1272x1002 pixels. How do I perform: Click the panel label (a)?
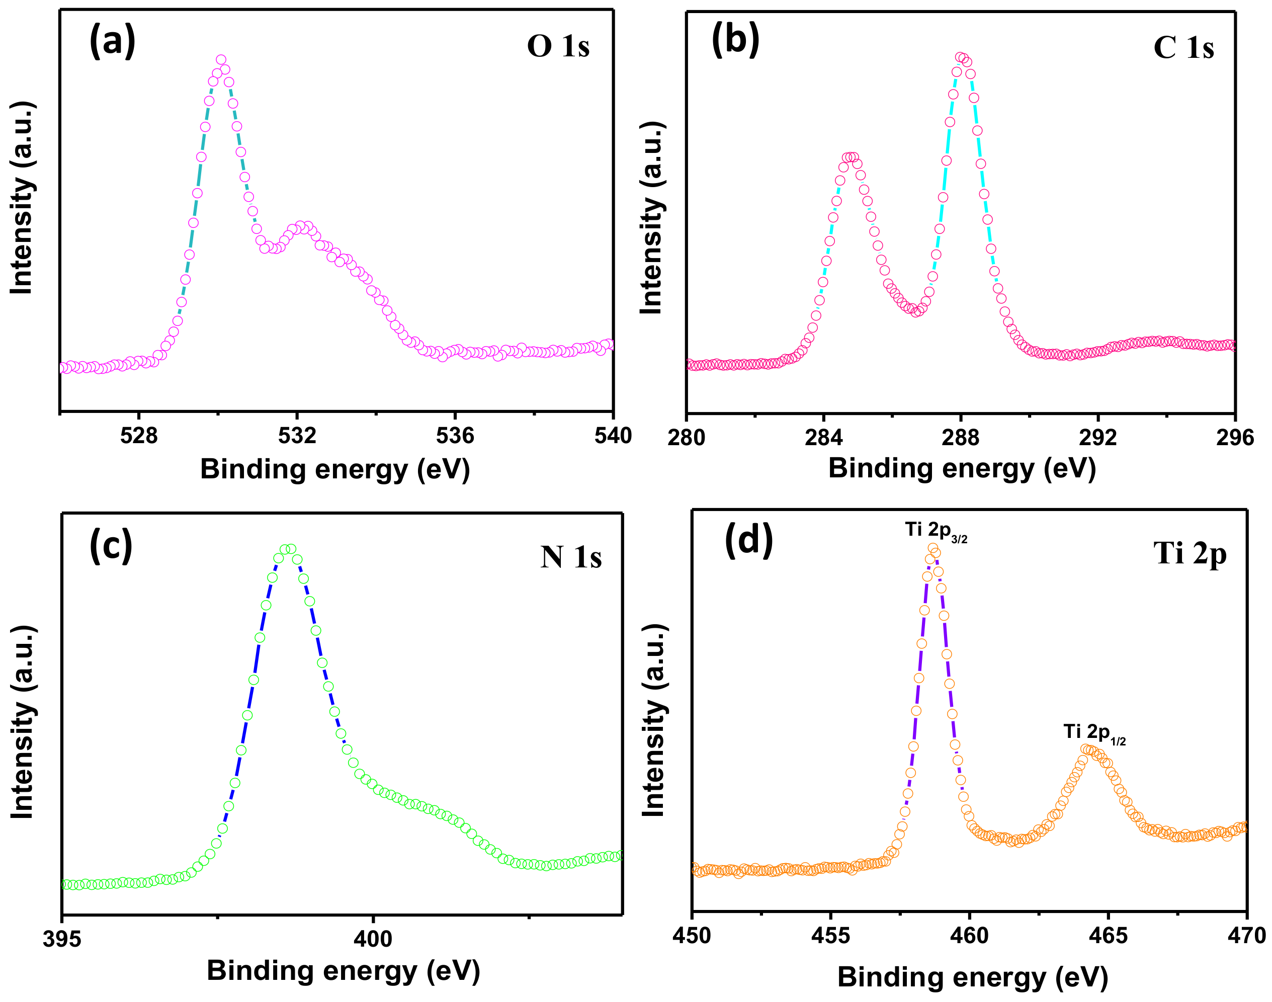coord(112,42)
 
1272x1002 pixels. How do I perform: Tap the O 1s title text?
coord(558,46)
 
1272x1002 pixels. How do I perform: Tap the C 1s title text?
coord(1183,48)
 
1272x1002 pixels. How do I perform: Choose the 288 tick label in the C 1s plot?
coord(961,438)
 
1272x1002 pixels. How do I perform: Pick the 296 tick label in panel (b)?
coord(1234,438)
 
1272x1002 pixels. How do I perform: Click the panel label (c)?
coord(111,546)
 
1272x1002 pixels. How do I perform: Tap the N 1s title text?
coord(570,557)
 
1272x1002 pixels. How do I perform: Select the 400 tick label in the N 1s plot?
coord(372,939)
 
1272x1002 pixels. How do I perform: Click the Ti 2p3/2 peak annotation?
coord(936,531)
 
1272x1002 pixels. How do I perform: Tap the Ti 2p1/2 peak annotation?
coord(1094,733)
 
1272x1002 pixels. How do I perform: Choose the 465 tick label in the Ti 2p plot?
coord(1109,936)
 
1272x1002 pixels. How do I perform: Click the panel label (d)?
coord(749,540)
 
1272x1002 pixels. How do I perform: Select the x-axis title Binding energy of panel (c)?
coord(343,971)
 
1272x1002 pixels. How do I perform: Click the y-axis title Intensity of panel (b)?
coord(651,217)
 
